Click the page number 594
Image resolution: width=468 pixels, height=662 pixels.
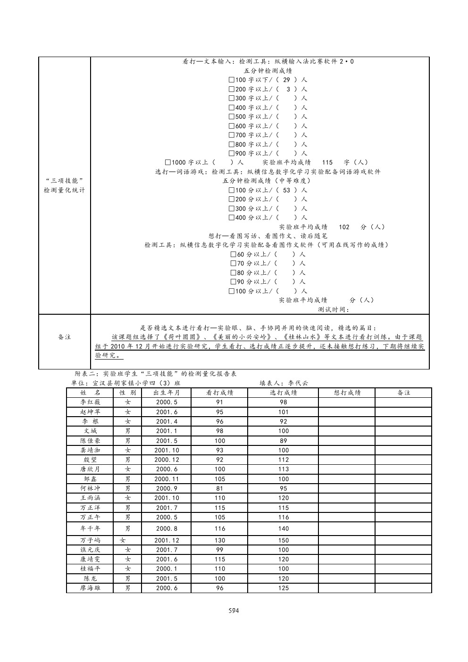(x=234, y=611)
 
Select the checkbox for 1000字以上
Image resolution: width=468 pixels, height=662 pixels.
(x=167, y=162)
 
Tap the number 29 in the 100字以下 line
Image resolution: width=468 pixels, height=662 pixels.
(x=286, y=80)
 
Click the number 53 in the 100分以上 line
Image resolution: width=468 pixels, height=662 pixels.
(x=286, y=190)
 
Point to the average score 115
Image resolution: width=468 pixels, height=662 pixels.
(x=327, y=162)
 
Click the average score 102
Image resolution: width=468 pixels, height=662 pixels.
(x=344, y=227)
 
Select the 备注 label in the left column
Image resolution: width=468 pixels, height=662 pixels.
(x=64, y=337)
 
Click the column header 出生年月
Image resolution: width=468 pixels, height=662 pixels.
(x=167, y=393)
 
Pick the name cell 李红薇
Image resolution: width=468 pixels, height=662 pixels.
(x=90, y=402)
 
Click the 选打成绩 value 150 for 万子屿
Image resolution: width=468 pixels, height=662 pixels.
(x=283, y=540)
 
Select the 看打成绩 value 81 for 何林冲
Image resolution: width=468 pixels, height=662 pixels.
(x=220, y=488)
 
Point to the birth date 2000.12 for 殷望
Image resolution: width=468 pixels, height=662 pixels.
(x=167, y=460)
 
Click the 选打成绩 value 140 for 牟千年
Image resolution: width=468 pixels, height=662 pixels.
(x=283, y=528)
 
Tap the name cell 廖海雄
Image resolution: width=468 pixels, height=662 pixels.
(x=90, y=588)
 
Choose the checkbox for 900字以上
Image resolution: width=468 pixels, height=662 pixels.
(x=232, y=153)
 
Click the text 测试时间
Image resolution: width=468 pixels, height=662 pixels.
(x=334, y=310)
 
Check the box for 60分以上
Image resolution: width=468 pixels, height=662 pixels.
(x=234, y=254)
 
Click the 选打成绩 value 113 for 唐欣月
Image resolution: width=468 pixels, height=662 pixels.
(x=283, y=469)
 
